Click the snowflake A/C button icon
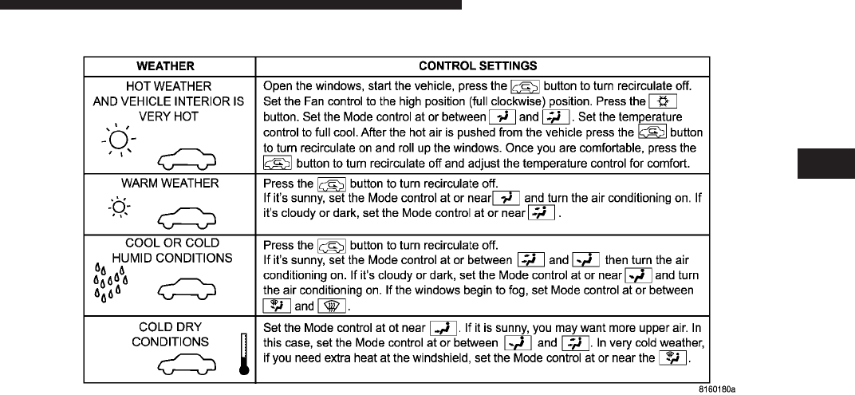[x=663, y=101]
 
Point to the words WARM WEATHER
[x=170, y=183]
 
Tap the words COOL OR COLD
[x=171, y=243]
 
